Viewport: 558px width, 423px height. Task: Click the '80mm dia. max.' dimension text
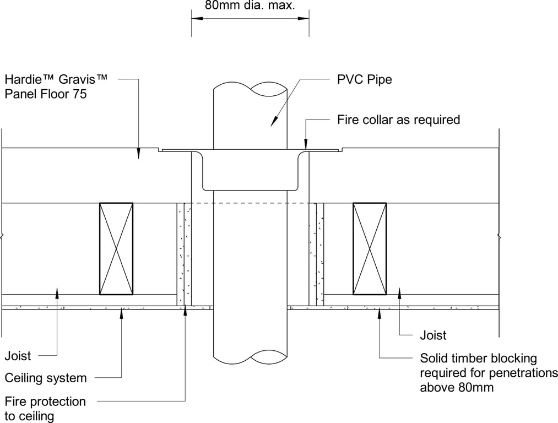(x=250, y=6)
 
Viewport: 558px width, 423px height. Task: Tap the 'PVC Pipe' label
(x=365, y=79)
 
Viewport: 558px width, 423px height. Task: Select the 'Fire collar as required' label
(x=399, y=120)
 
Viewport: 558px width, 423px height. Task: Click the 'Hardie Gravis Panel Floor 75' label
(x=56, y=86)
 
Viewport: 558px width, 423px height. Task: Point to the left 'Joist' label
(x=18, y=356)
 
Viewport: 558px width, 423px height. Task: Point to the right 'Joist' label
(x=433, y=335)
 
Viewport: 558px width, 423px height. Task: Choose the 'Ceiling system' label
(x=46, y=378)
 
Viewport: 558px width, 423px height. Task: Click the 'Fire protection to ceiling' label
(x=45, y=409)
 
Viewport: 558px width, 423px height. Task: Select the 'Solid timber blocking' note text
(x=478, y=358)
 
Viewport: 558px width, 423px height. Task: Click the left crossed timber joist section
(x=116, y=248)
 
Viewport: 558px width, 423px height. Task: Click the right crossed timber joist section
(x=370, y=248)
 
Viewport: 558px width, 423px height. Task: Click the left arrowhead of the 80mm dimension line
(x=197, y=18)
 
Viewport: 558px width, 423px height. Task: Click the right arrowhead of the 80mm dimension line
(x=304, y=18)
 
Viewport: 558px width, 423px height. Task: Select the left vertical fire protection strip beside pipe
(x=184, y=254)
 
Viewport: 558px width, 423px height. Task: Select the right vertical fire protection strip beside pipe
(x=316, y=254)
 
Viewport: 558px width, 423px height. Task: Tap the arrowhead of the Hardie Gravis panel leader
(x=138, y=154)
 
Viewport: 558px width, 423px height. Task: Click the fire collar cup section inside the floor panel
(x=250, y=171)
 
